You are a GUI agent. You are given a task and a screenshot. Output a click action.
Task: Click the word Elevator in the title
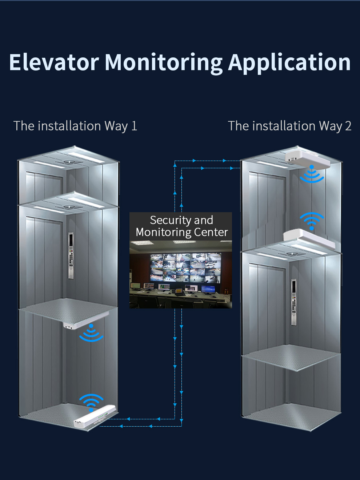point(54,62)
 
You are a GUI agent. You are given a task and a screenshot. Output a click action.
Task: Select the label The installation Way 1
point(75,126)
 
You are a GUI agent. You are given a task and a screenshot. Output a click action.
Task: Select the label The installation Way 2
point(289,126)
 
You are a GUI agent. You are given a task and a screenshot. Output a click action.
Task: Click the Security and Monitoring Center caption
point(181,226)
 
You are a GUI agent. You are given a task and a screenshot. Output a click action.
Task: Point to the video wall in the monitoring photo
point(185,267)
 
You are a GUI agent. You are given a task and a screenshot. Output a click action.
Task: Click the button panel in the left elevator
point(71,255)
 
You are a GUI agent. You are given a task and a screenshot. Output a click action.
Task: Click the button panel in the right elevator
point(293,302)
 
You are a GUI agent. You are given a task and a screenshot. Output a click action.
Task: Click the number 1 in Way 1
point(134,126)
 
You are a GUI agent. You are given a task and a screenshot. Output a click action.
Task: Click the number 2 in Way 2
point(348,126)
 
